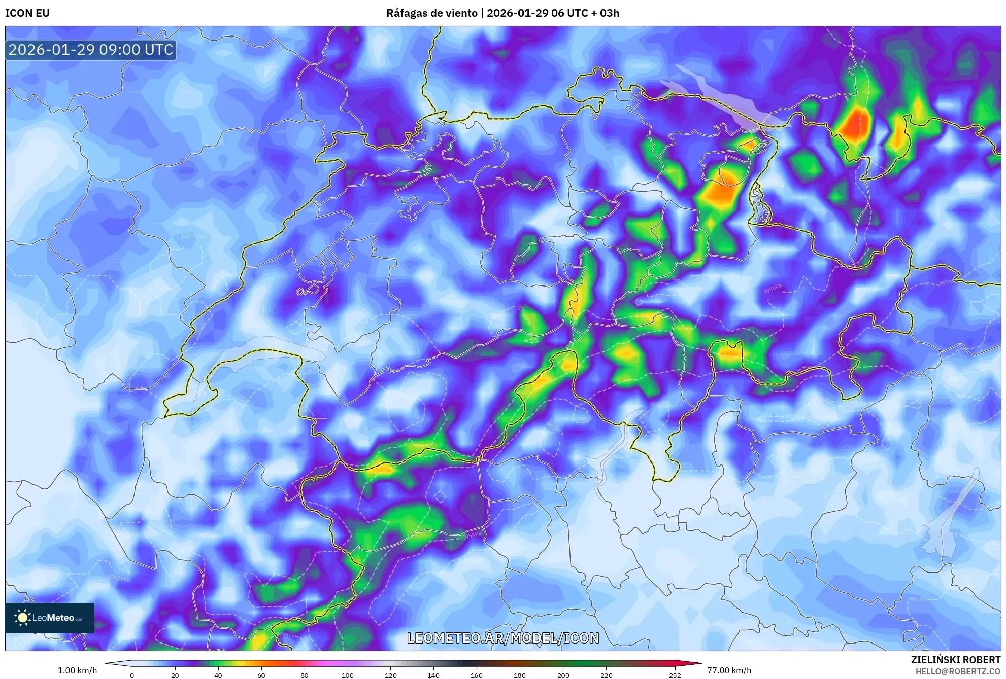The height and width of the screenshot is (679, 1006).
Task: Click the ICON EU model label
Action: pos(27,13)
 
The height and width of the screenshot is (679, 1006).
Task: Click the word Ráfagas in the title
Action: pos(407,13)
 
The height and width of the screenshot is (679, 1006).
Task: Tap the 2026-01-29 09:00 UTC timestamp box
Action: pos(91,50)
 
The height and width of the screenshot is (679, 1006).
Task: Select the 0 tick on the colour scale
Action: pos(132,675)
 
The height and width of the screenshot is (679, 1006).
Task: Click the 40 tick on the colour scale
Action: pos(218,675)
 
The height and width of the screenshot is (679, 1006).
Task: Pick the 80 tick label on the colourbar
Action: pos(305,675)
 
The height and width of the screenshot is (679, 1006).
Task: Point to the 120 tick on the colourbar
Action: pos(390,675)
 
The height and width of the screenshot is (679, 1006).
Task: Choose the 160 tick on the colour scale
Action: pos(477,675)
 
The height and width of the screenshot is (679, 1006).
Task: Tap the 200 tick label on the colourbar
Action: pos(563,675)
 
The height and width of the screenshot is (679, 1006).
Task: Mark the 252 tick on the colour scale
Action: pos(675,675)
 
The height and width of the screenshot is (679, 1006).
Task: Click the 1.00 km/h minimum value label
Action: pos(77,670)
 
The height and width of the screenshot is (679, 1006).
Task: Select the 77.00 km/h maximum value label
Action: pos(729,670)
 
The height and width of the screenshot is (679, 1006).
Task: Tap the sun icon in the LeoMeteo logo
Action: pos(22,618)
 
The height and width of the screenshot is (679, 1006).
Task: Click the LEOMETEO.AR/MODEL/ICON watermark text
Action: pos(503,638)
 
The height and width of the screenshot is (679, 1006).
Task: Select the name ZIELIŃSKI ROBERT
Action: pos(955,660)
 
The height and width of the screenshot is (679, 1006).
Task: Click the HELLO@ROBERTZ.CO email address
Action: pos(958,671)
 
